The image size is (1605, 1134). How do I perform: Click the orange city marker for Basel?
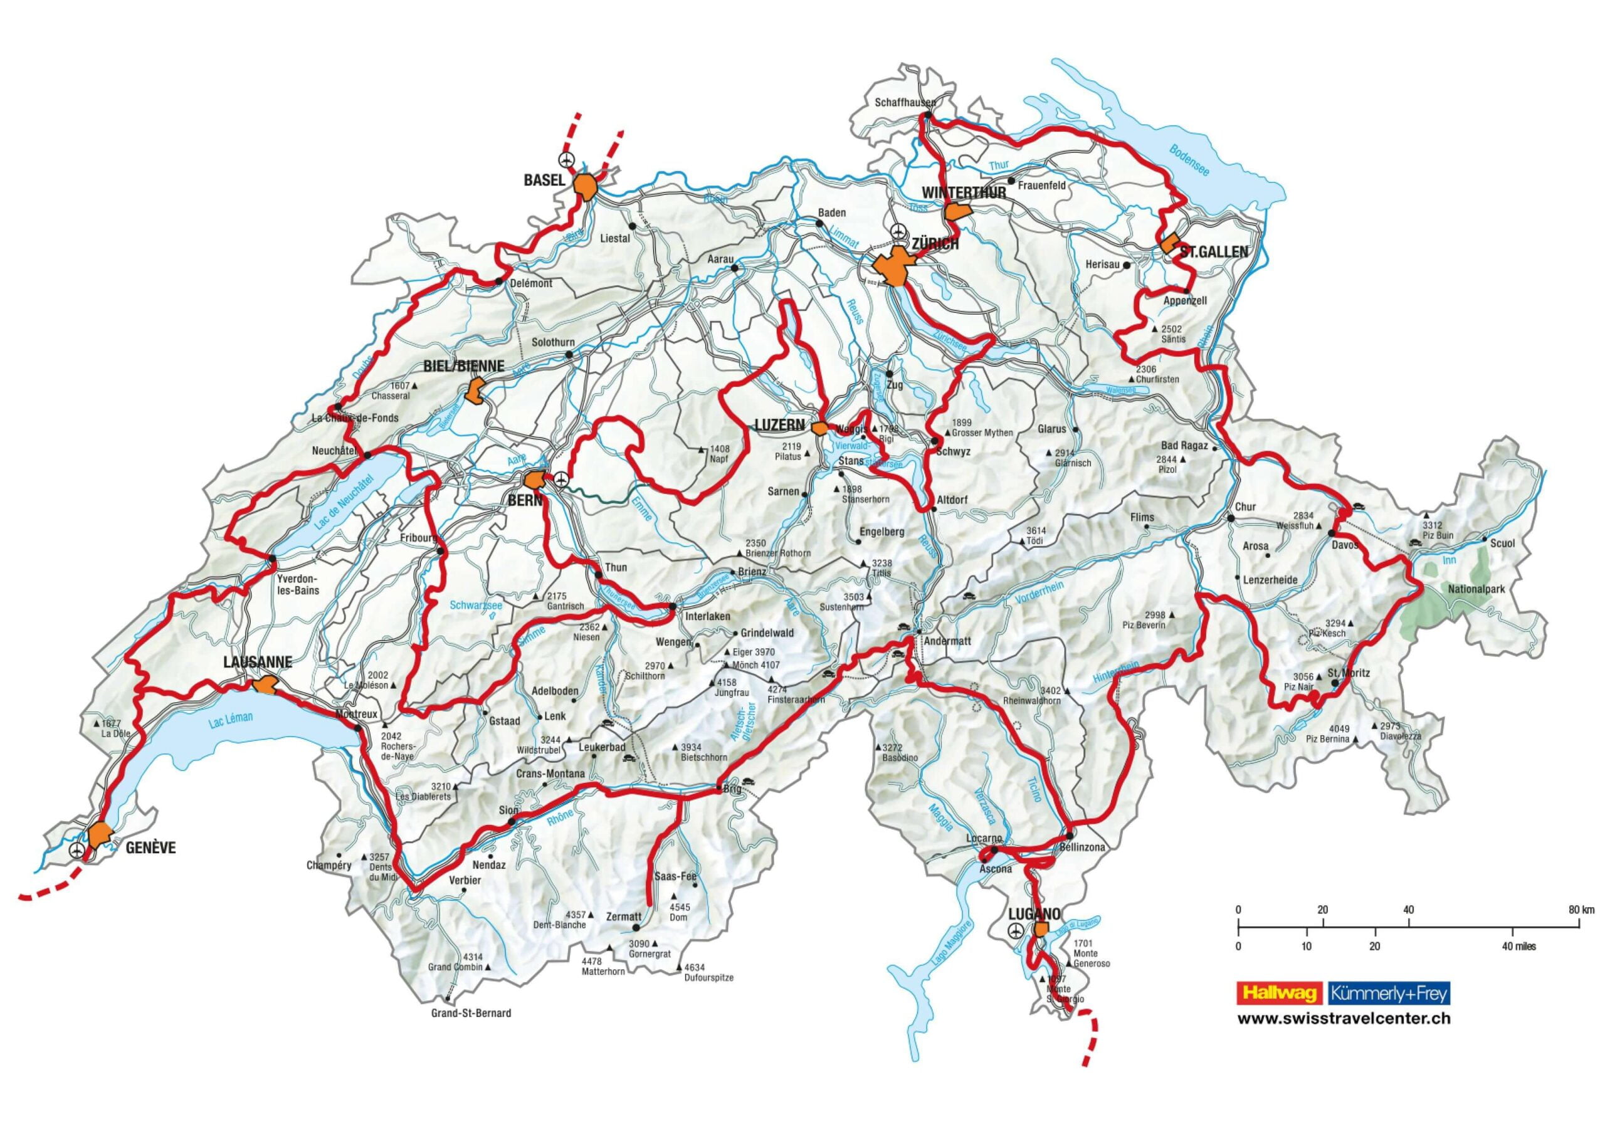tap(586, 186)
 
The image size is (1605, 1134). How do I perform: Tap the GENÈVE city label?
tap(150, 848)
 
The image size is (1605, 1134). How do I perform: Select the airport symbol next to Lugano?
tap(1015, 930)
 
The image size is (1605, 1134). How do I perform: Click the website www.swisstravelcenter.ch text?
tap(1344, 1019)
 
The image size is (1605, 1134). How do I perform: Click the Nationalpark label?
tap(1476, 589)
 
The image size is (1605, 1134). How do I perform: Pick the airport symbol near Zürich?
tap(899, 231)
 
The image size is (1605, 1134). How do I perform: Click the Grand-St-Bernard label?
tap(471, 1013)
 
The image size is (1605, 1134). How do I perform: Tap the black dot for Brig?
tap(719, 789)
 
